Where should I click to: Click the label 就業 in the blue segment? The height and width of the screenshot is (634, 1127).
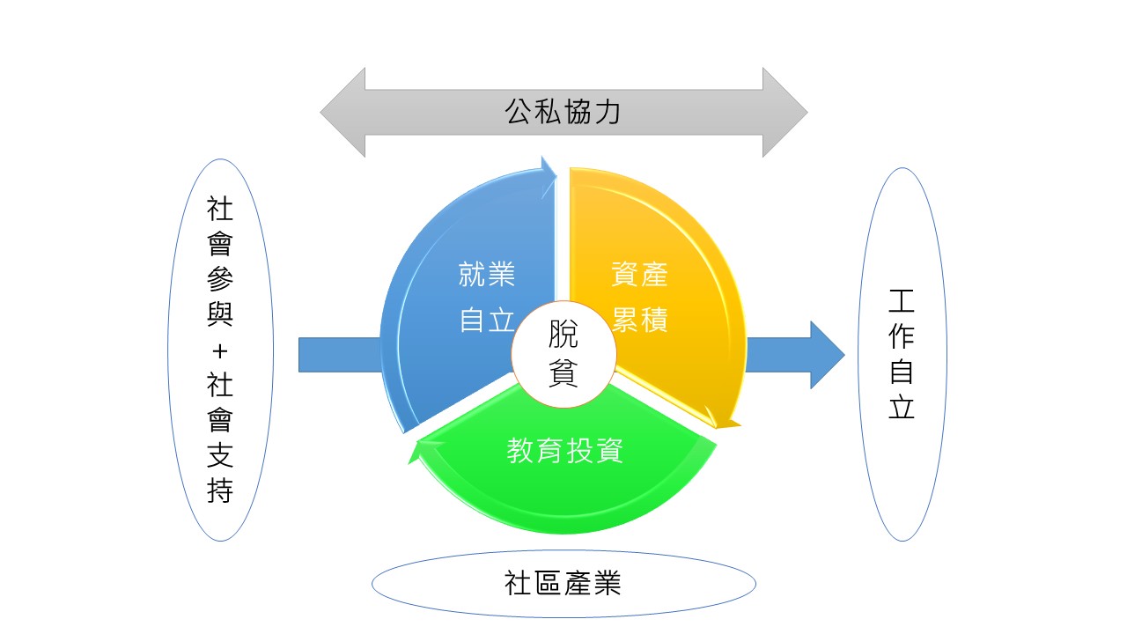tap(486, 276)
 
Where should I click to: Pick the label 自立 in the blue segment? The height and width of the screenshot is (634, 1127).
tap(486, 321)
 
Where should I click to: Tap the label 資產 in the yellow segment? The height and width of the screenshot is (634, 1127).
tap(640, 276)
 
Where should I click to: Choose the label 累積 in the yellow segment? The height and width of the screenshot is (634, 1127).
tap(640, 321)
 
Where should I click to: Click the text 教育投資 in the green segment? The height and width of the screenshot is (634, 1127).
tap(564, 451)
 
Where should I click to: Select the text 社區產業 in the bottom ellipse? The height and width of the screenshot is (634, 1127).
tap(563, 583)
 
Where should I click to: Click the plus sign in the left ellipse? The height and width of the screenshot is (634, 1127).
tap(220, 351)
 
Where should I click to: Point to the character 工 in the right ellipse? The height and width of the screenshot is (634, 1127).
tap(902, 302)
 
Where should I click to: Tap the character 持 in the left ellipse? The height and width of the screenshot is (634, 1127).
tap(220, 490)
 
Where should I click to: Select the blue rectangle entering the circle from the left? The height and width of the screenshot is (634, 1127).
tap(340, 355)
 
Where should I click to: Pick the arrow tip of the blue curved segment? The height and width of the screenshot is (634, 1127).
tap(551, 171)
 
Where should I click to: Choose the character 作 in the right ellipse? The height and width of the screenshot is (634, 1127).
tap(902, 337)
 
